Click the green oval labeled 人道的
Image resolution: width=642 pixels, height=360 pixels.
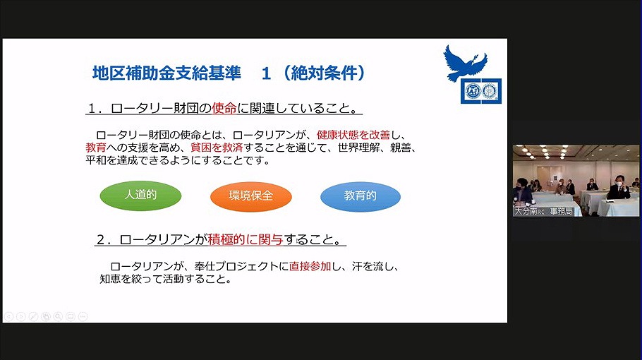(x=140, y=196)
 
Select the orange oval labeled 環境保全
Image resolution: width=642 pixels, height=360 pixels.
(x=250, y=196)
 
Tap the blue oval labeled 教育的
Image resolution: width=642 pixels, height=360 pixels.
(x=361, y=196)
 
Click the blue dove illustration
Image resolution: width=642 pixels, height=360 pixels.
(x=464, y=63)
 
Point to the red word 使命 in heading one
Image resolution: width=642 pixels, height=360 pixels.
(x=224, y=108)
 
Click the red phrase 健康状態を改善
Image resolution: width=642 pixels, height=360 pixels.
(x=353, y=135)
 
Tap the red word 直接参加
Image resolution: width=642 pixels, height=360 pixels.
(x=310, y=266)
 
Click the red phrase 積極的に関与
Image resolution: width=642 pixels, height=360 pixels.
(x=246, y=239)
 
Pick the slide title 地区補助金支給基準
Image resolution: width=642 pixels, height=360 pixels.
(x=166, y=73)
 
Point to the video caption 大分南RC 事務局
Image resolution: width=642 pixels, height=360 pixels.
(x=543, y=211)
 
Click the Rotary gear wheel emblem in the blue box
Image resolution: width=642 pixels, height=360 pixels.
(x=490, y=91)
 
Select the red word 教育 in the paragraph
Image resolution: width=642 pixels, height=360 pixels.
(x=96, y=148)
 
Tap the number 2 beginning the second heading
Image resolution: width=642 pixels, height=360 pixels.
(x=101, y=239)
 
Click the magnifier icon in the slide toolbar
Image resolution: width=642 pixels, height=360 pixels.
(x=58, y=316)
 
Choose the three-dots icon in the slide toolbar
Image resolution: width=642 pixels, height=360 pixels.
(x=83, y=316)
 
